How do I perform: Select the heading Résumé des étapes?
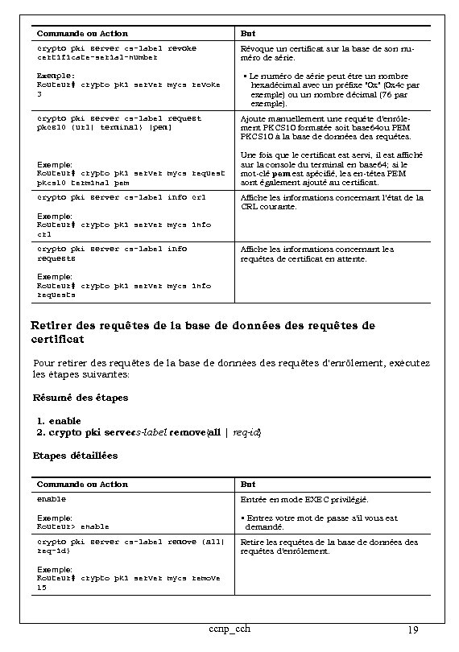80,398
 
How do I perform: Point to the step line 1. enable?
59,420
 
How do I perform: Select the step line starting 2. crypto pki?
149,432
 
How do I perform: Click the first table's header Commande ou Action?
83,34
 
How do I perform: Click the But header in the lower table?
248,485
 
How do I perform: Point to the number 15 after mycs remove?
42,588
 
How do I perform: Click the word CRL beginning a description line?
250,208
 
